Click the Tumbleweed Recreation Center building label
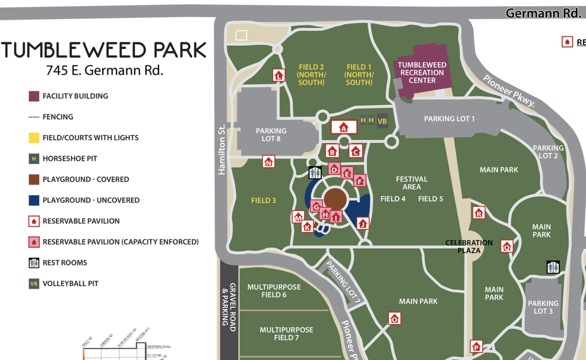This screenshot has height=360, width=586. point(422,73)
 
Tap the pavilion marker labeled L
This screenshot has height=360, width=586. point(279,76)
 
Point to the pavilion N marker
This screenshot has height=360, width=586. point(268,162)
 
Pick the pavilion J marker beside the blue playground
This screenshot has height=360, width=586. point(362,223)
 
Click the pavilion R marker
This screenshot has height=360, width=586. point(478,213)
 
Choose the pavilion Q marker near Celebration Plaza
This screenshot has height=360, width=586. point(506,246)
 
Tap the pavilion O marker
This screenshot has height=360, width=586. point(394,319)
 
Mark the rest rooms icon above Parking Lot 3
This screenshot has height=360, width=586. point(553,267)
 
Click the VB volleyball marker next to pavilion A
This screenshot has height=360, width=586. point(382,121)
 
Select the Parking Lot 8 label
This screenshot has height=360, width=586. point(271,135)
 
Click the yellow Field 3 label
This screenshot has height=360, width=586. point(263,200)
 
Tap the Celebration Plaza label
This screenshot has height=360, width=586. point(469,247)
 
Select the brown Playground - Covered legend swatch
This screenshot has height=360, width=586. point(34,179)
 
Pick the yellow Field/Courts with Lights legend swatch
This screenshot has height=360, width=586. point(34,137)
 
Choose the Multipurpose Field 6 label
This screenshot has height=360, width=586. point(274,291)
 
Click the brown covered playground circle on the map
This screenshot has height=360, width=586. point(335,200)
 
